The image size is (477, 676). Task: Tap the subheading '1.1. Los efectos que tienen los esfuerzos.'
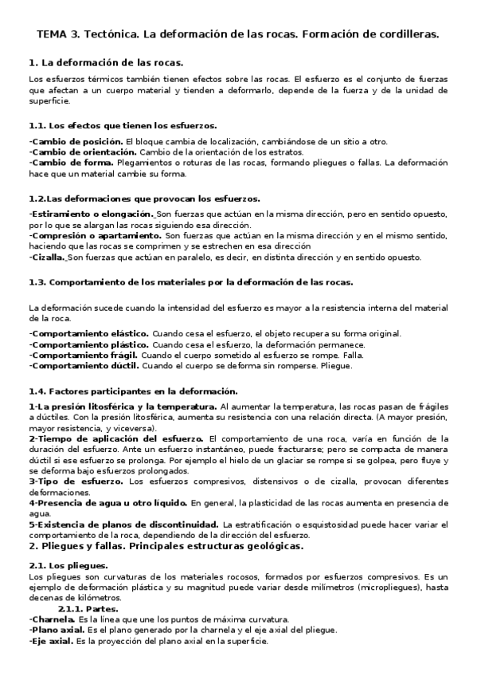(122, 125)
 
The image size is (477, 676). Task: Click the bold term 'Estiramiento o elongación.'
(91, 214)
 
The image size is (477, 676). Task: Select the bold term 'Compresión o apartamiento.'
(94, 236)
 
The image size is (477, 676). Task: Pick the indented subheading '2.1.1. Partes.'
(88, 608)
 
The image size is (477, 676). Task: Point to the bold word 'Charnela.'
(51, 619)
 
